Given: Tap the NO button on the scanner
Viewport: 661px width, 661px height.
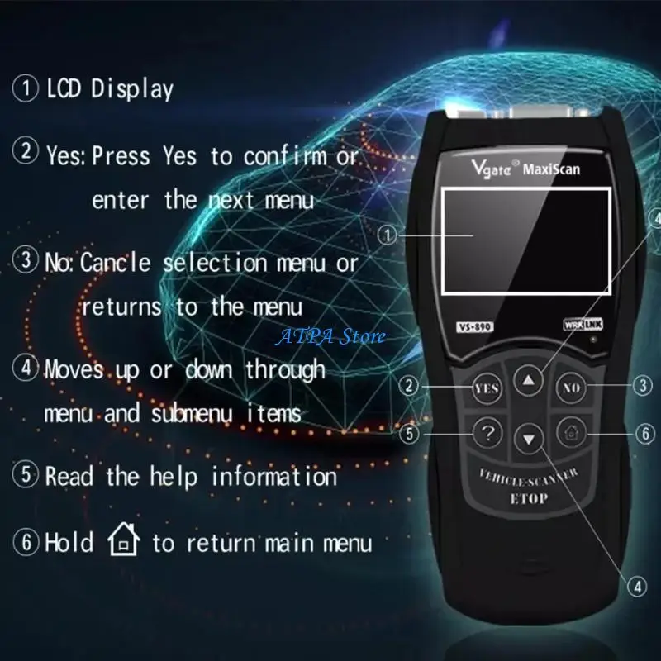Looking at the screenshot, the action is [x=571, y=388].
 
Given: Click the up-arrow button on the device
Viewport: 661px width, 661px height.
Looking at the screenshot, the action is [x=529, y=381].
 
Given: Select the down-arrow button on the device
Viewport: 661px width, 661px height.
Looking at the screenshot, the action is [x=529, y=439].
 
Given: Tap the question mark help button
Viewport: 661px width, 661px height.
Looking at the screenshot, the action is [x=487, y=433].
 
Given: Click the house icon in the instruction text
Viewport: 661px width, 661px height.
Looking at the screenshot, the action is [x=123, y=540].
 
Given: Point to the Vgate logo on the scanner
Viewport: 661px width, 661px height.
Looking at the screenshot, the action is [x=491, y=168].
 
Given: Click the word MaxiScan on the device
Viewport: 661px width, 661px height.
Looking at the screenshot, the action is [x=551, y=169].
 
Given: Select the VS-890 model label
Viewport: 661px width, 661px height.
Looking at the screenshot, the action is [x=474, y=326].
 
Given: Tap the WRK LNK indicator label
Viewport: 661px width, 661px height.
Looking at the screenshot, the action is [x=583, y=324].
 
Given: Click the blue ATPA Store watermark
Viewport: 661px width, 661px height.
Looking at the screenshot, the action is [x=330, y=336].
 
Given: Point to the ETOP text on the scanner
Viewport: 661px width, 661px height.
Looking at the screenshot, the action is [x=529, y=499].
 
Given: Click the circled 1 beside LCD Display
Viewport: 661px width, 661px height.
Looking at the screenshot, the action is [x=26, y=88].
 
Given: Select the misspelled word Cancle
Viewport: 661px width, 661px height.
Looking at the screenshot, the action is [x=115, y=263].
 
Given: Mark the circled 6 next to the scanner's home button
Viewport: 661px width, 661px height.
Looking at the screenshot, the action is [x=645, y=433].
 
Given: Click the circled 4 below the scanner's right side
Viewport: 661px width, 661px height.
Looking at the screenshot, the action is [x=637, y=586].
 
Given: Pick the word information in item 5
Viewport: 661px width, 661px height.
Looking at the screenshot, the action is [x=274, y=477].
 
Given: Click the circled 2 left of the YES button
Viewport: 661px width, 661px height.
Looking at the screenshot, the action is [x=408, y=385].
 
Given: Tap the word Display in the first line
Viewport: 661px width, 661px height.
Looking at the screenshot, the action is [x=132, y=89].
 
